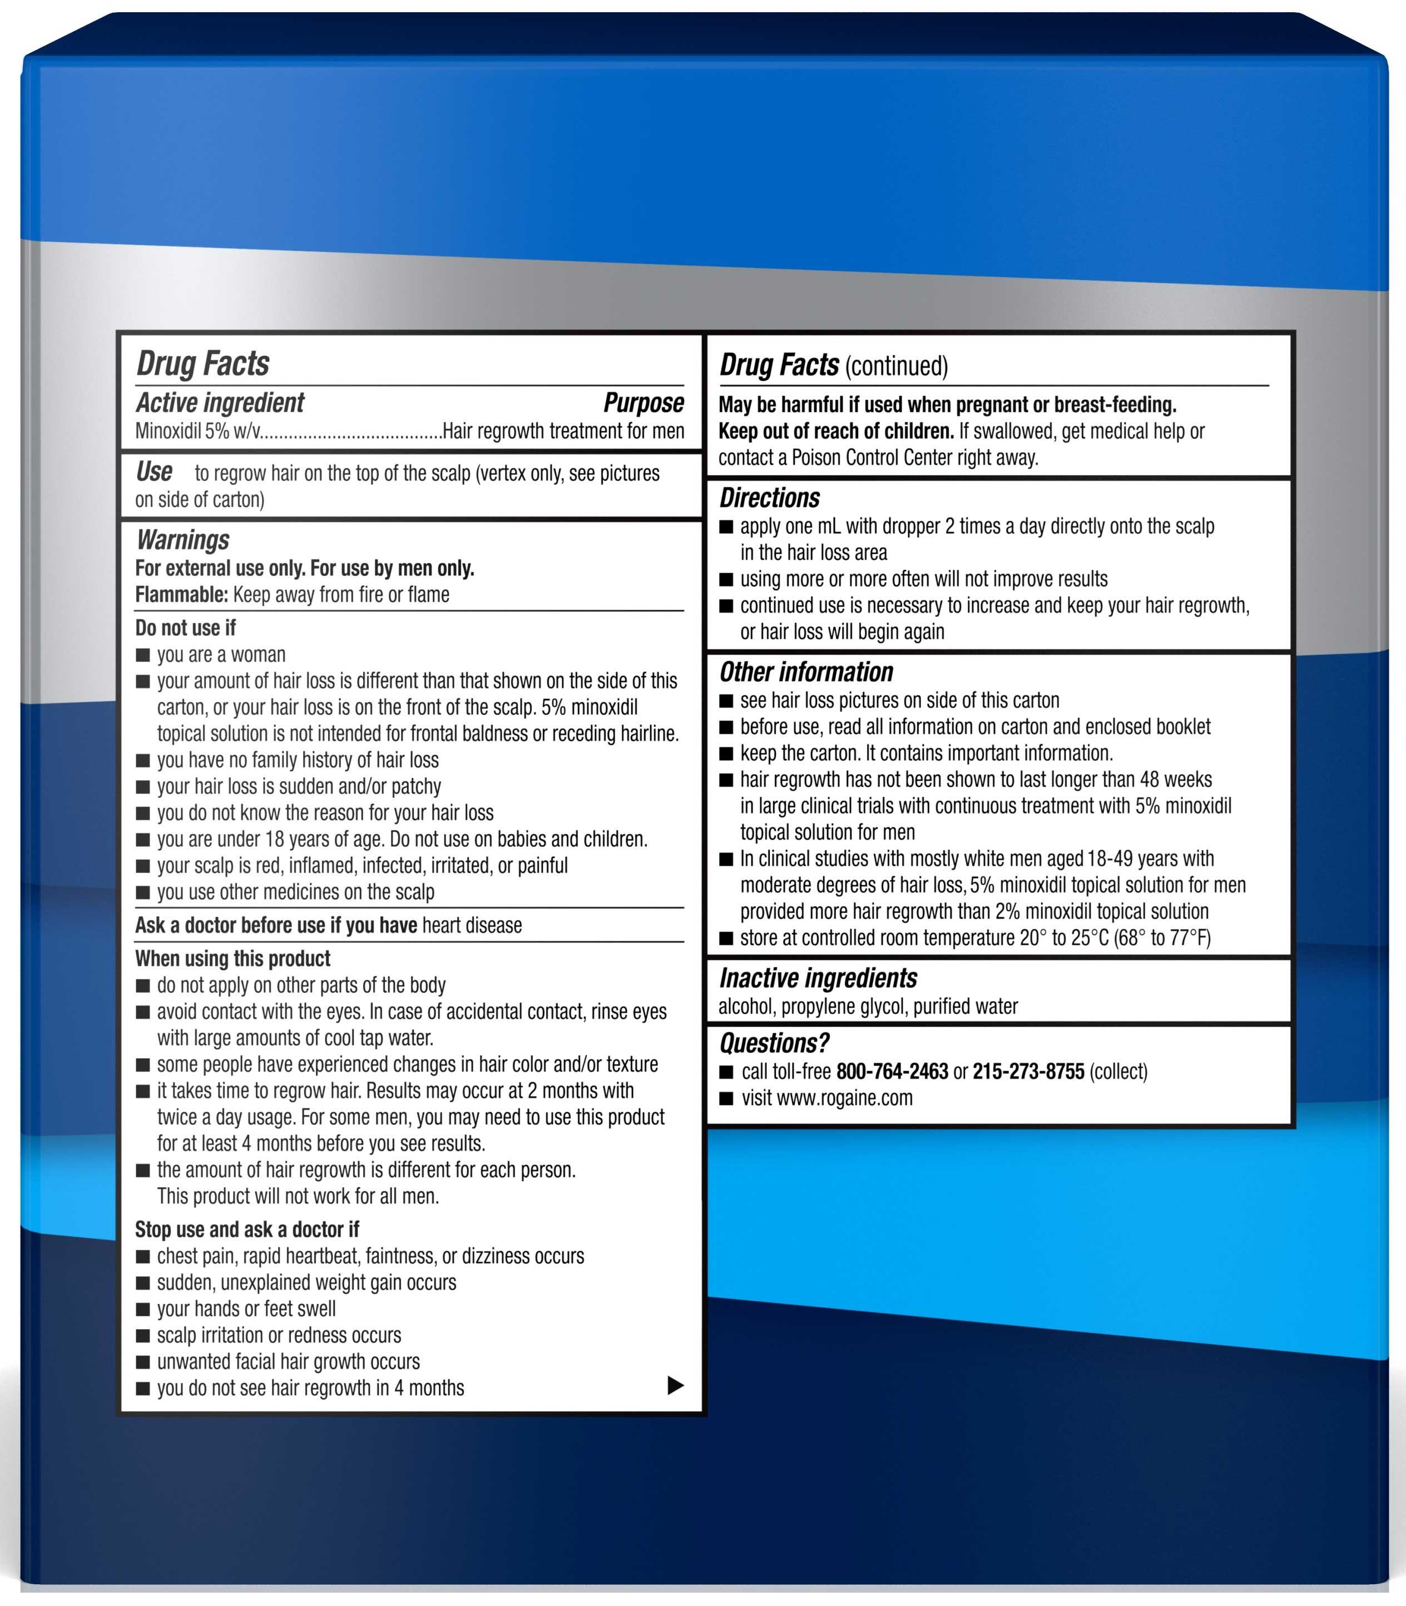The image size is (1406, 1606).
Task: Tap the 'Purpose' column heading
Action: coord(643,403)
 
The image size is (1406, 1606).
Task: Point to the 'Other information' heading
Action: coord(806,672)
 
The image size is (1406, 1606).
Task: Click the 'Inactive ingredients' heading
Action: coord(818,978)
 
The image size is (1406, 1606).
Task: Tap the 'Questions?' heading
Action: coord(774,1043)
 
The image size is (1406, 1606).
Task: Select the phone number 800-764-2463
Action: coord(892,1072)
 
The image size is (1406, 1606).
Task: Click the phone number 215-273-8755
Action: coord(1028,1072)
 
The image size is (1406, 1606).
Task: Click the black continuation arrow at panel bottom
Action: coord(675,1386)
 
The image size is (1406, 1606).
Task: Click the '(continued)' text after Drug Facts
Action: coord(897,366)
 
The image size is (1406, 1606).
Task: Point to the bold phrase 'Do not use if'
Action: coord(185,628)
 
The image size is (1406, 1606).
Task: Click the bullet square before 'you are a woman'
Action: coord(143,655)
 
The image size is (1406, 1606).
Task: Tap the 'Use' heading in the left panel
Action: coord(153,472)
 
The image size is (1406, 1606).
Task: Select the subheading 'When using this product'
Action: coord(232,959)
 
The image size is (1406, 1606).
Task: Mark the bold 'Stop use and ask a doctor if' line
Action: coord(247,1230)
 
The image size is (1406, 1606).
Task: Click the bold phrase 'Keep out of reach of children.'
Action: coord(835,431)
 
